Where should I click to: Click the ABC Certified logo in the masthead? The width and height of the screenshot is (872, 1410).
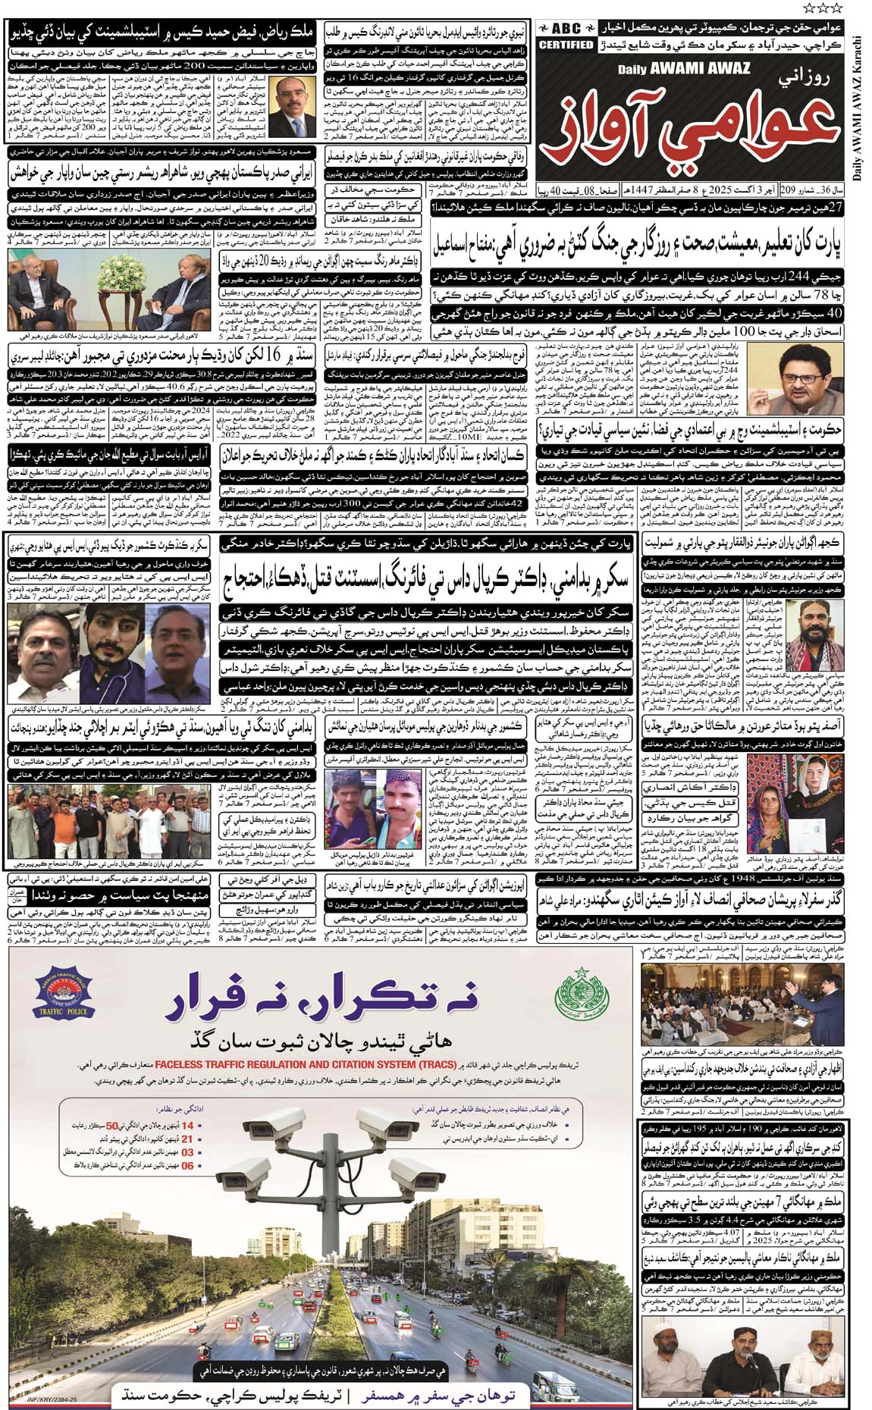(x=566, y=36)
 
